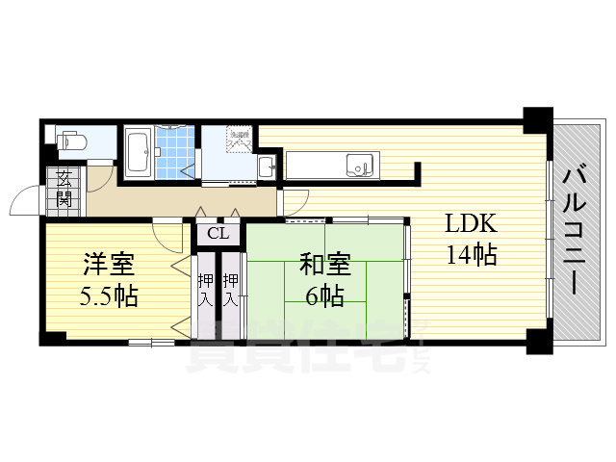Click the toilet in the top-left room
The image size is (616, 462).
click(73, 142)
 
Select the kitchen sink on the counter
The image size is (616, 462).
click(360, 165)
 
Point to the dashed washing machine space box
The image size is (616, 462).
click(239, 140)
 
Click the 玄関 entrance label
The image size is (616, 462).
click(64, 188)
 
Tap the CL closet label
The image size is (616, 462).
click(218, 232)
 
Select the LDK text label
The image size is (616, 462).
click(470, 224)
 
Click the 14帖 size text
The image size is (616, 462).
click(470, 255)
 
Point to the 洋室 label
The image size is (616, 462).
click(106, 263)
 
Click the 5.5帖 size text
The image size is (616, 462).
click(106, 295)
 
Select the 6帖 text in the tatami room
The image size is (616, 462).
click(323, 295)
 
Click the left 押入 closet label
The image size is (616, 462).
click(205, 289)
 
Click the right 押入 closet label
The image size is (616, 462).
click(231, 289)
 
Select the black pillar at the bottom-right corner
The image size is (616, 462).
click(535, 340)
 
